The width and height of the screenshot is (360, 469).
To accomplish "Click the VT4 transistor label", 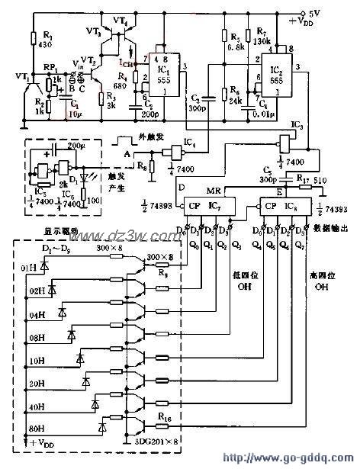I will [120, 18].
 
